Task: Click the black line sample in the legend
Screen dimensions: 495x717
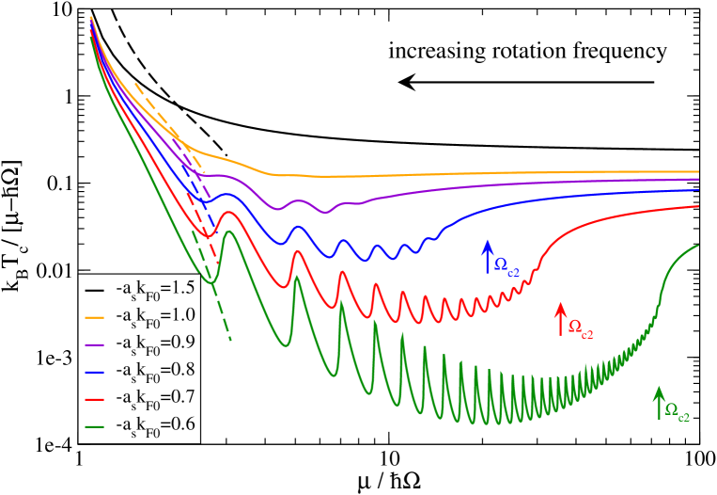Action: coord(93,290)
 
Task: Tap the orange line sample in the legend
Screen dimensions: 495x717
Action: coord(93,317)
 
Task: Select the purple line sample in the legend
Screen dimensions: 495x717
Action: coord(93,344)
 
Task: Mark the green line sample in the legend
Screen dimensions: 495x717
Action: coord(93,426)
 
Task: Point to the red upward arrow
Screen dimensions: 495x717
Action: coord(560,319)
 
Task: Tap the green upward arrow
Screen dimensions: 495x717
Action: coord(658,402)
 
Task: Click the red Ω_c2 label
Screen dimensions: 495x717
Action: coord(581,330)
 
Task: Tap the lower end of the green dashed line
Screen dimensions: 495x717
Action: coord(230,339)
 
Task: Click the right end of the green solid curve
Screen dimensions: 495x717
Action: coord(698,246)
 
